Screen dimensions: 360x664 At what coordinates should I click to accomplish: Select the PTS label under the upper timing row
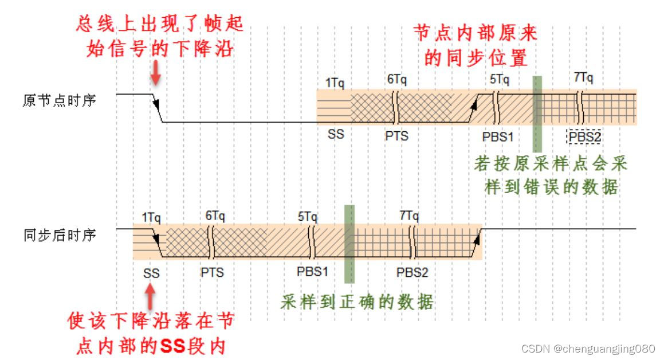[x=397, y=136]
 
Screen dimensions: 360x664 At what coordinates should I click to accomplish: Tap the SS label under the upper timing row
[x=336, y=136]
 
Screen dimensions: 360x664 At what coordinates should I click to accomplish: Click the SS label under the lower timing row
[x=151, y=273]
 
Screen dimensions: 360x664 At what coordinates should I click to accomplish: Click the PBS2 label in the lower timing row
[x=412, y=272]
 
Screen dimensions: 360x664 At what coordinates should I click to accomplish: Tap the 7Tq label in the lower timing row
[x=410, y=216]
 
